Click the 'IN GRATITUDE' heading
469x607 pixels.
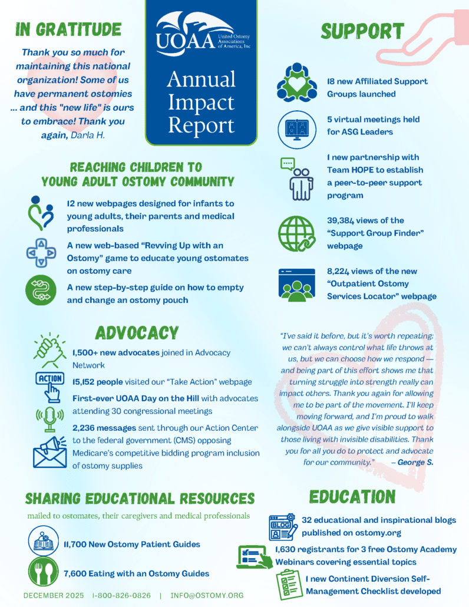(x=68, y=29)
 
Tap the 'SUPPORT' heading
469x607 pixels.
(x=362, y=31)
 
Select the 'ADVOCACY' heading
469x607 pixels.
(x=137, y=333)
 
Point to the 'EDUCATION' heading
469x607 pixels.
(x=352, y=496)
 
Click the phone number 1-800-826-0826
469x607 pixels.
(x=121, y=595)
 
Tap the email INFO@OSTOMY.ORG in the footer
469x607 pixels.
(x=207, y=595)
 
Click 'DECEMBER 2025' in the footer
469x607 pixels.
(x=54, y=595)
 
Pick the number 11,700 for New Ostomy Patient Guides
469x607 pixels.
(x=79, y=545)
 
